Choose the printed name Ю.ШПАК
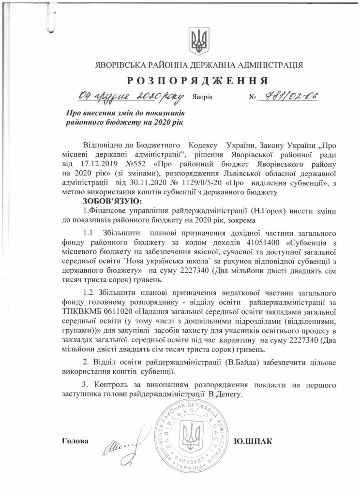pos(253,441)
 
